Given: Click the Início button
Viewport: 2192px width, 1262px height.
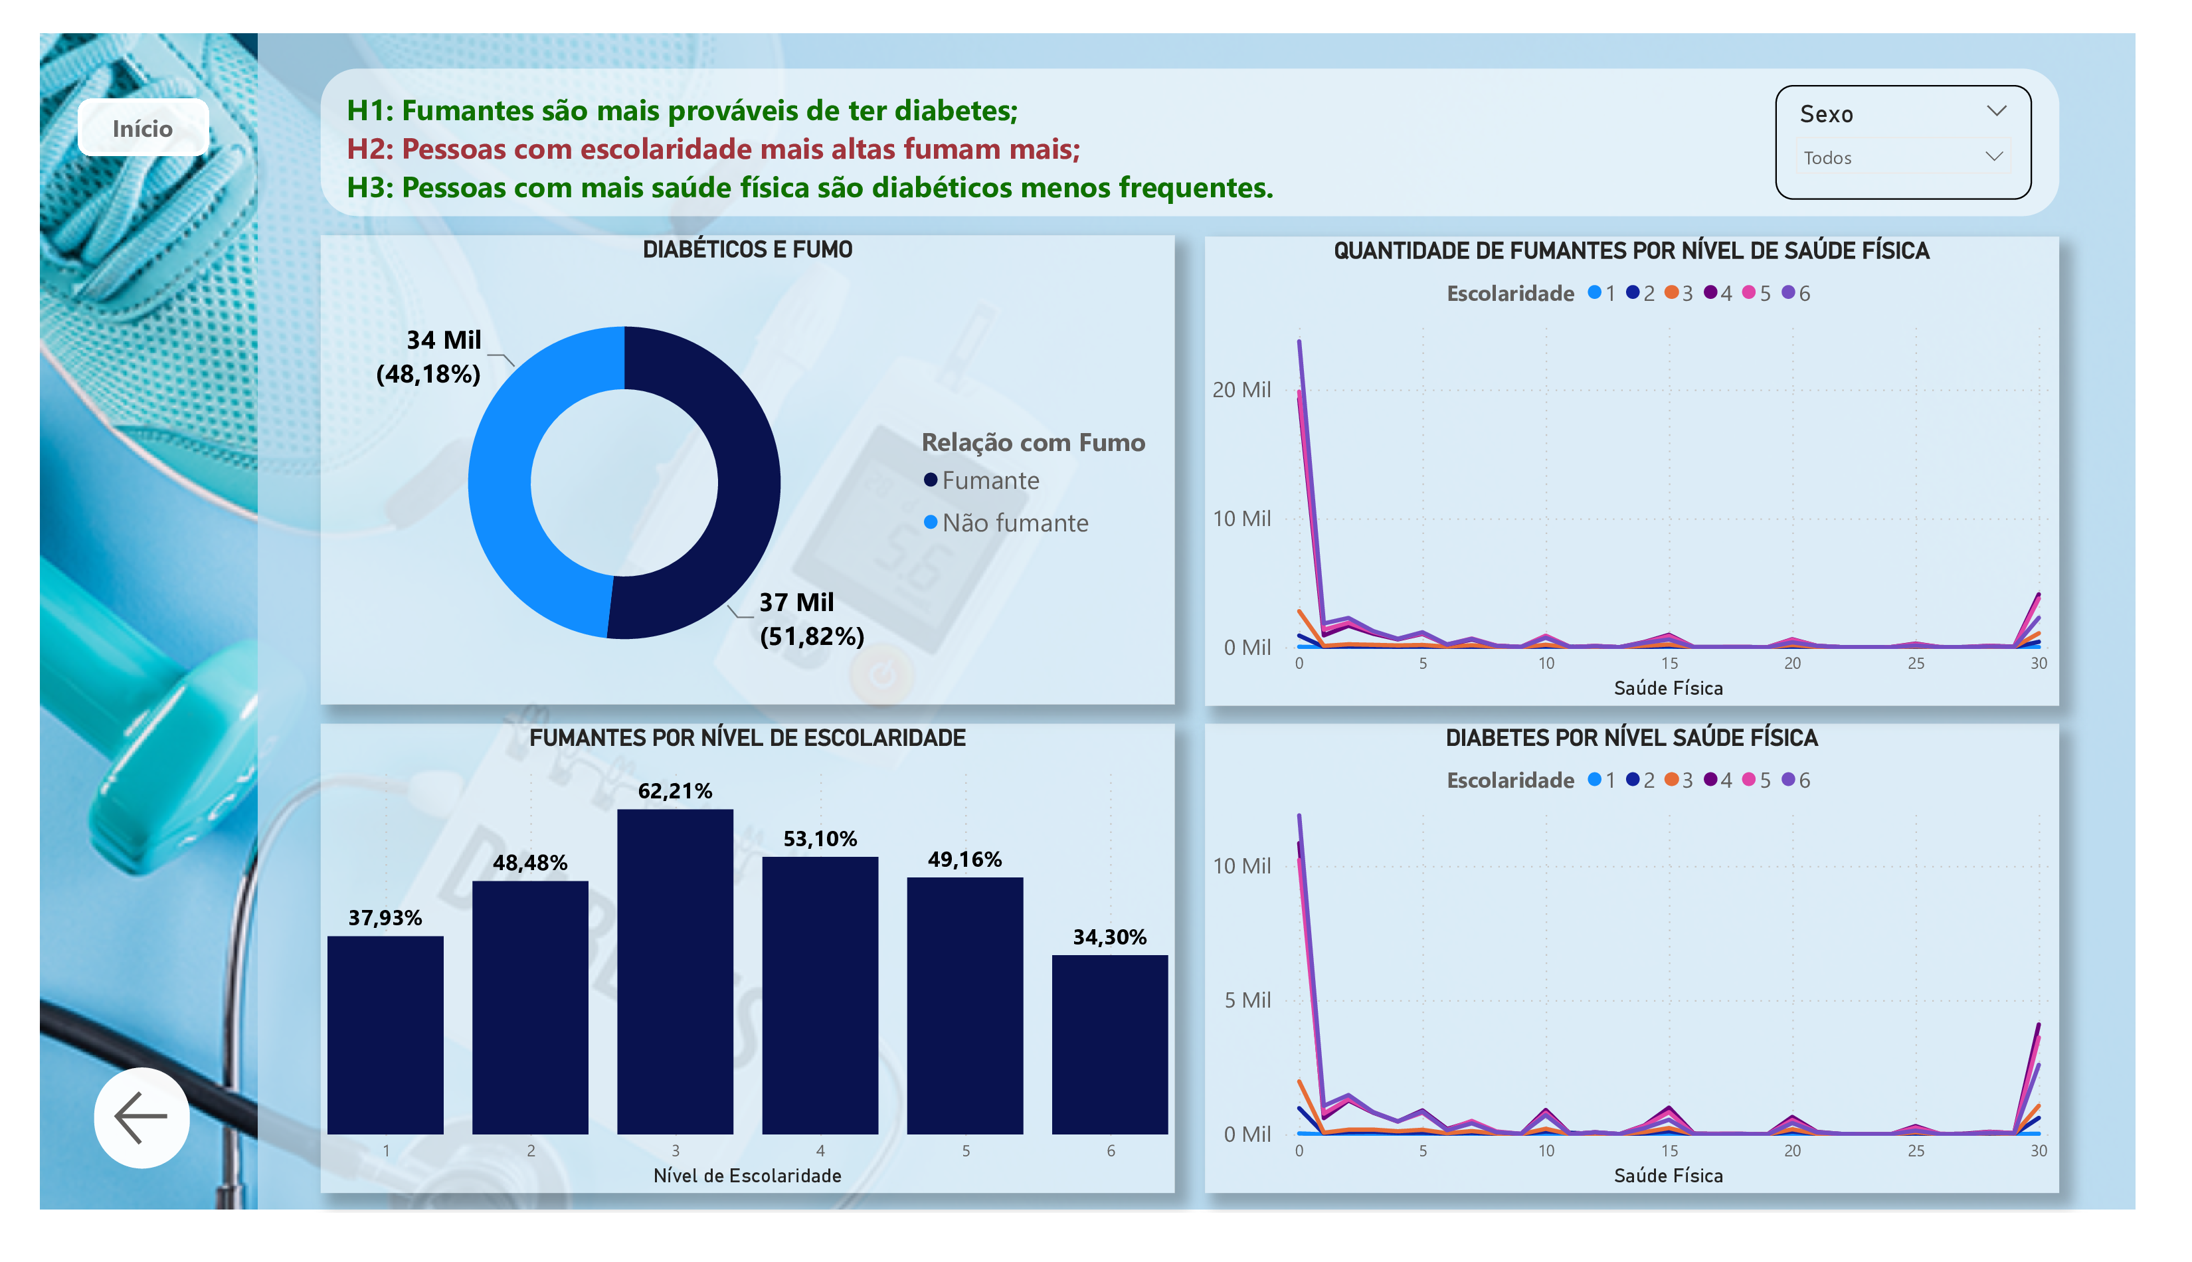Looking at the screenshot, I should (143, 128).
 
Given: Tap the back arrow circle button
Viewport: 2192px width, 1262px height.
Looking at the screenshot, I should (141, 1117).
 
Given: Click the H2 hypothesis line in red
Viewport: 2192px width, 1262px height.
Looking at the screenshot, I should (713, 149).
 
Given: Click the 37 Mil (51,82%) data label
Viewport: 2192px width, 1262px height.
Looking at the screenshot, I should (810, 619).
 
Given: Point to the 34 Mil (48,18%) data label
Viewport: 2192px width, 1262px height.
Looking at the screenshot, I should (429, 356).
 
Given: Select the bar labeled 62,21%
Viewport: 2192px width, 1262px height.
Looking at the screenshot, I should (674, 971).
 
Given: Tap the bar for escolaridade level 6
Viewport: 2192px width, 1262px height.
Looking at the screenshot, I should (1109, 1044).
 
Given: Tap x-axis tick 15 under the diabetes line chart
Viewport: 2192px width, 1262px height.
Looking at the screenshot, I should (1668, 1150).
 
